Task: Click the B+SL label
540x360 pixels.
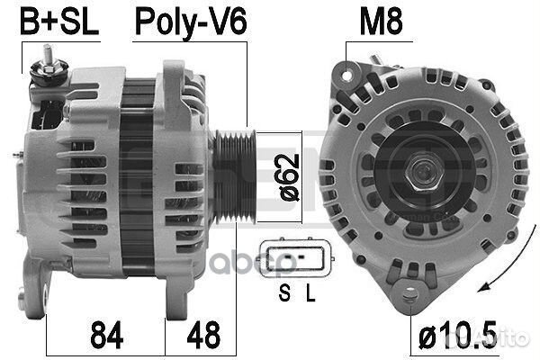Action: click(x=59, y=22)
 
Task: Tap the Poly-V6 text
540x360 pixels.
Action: click(x=191, y=22)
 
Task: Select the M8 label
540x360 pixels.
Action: click(x=381, y=22)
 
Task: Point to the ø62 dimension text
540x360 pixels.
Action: click(x=290, y=177)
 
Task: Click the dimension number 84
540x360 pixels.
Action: click(x=107, y=335)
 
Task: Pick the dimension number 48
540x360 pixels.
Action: click(x=203, y=335)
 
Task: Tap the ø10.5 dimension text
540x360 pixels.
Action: click(x=458, y=334)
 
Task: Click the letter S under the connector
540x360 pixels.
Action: click(x=284, y=293)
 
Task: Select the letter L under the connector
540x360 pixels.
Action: click(x=310, y=293)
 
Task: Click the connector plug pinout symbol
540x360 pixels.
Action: click(x=296, y=258)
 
